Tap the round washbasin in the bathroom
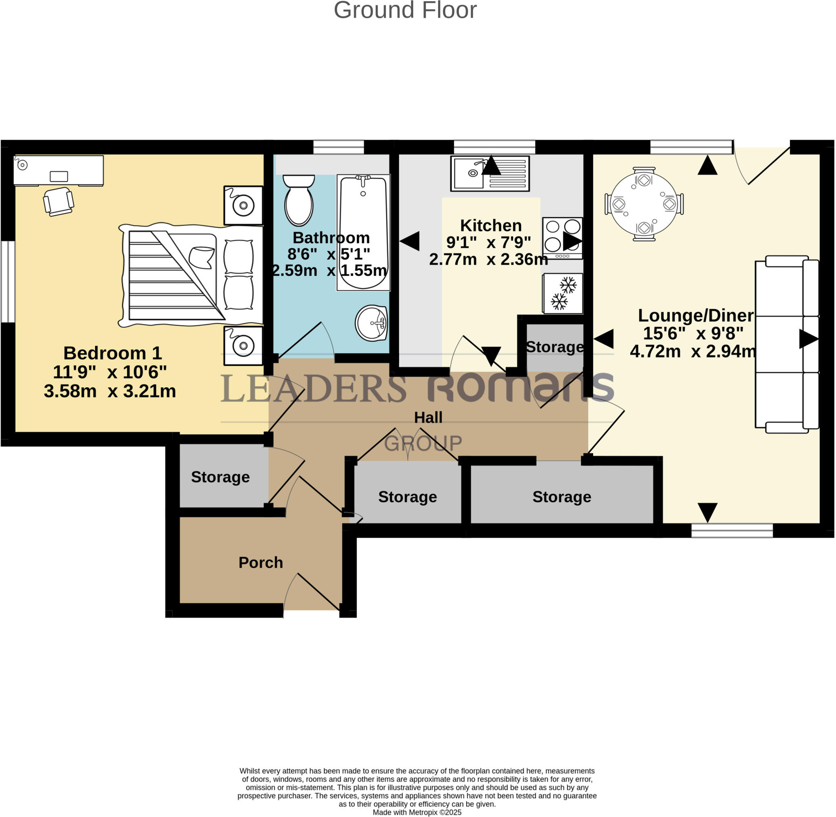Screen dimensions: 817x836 (371, 323)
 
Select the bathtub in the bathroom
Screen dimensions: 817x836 (363, 233)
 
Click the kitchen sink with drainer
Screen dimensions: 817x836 (490, 173)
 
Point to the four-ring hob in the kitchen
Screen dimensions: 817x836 (562, 238)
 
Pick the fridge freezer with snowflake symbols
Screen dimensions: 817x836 (563, 293)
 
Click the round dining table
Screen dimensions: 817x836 (644, 204)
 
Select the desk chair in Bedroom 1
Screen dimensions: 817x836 (58, 201)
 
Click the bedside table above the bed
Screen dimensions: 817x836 (243, 205)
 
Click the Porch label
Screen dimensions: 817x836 (260, 562)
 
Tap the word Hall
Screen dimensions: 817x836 (428, 417)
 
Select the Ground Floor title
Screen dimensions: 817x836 (405, 10)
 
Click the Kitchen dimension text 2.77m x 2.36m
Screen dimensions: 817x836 (488, 259)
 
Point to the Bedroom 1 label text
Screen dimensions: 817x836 (112, 353)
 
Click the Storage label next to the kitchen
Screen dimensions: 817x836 (554, 347)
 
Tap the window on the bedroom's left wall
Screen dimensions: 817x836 (8, 282)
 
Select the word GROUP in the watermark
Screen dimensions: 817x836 (423, 443)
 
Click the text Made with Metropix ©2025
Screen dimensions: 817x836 (417, 812)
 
